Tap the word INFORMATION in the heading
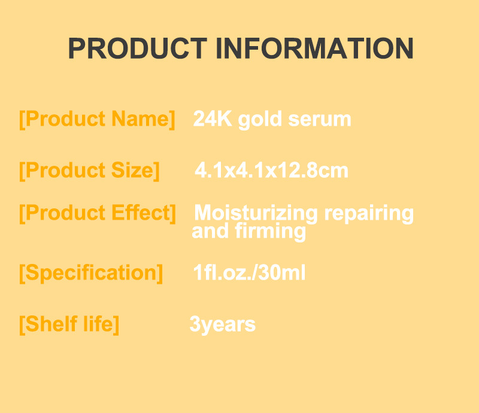click(314, 48)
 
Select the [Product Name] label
click(97, 119)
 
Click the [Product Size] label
click(89, 171)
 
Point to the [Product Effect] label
click(98, 213)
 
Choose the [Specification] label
click(90, 273)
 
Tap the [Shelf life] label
click(69, 324)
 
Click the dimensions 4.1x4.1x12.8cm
click(271, 171)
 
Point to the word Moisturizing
click(256, 214)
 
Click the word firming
click(274, 231)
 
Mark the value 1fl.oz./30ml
click(249, 274)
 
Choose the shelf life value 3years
click(222, 324)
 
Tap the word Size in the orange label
click(133, 171)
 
